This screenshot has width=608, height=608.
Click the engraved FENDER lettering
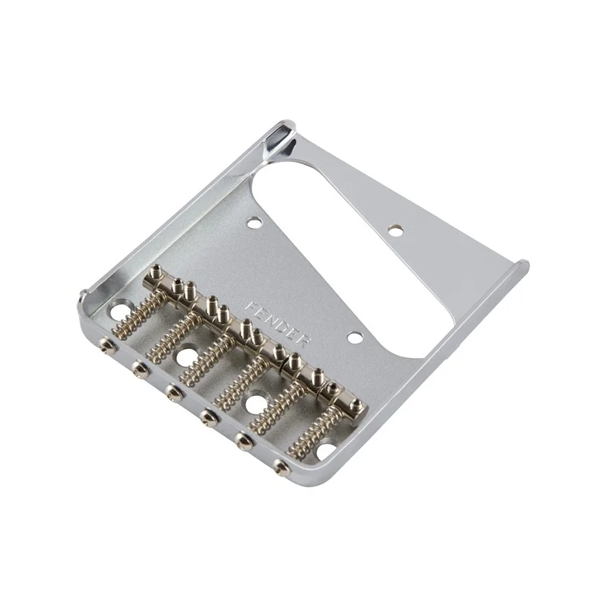[278, 324]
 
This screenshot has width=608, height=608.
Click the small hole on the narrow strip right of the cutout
[395, 230]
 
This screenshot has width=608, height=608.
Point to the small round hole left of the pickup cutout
[255, 223]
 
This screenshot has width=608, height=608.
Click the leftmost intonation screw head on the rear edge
[105, 344]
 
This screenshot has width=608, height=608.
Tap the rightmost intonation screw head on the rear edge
[280, 465]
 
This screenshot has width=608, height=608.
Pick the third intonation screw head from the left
[172, 391]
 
